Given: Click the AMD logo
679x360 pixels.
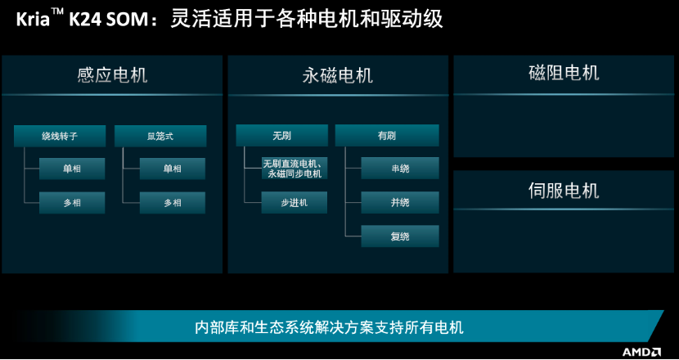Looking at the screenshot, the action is [x=641, y=351].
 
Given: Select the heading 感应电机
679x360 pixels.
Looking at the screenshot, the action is [x=112, y=74].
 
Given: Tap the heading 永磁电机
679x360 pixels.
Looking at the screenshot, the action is [x=337, y=75].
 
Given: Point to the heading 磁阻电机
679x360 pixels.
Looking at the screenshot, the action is [x=564, y=73].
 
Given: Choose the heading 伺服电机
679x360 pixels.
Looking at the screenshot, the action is [x=564, y=190].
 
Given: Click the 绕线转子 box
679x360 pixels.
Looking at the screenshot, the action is [x=60, y=136].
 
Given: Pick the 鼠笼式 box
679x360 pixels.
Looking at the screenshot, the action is [x=160, y=136].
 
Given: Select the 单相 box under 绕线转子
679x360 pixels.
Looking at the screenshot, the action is [x=72, y=169].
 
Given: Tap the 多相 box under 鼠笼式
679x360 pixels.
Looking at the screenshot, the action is [x=173, y=203].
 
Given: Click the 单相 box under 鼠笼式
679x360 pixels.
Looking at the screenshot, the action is [x=173, y=169].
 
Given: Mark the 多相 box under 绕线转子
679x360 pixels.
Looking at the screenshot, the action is [x=72, y=203].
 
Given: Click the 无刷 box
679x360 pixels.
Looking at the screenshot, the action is [x=281, y=136].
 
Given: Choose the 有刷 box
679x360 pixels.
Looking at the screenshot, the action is [x=387, y=136].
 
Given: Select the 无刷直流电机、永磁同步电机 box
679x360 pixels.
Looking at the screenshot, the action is [x=294, y=168].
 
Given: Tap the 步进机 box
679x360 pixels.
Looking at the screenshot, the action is [x=294, y=202].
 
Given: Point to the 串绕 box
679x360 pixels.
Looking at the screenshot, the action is [x=400, y=168].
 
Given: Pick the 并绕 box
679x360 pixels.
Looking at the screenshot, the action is [x=400, y=202].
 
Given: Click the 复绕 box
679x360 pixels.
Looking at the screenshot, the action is [x=400, y=236].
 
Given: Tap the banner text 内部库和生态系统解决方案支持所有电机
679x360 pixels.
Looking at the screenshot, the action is [x=329, y=327].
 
